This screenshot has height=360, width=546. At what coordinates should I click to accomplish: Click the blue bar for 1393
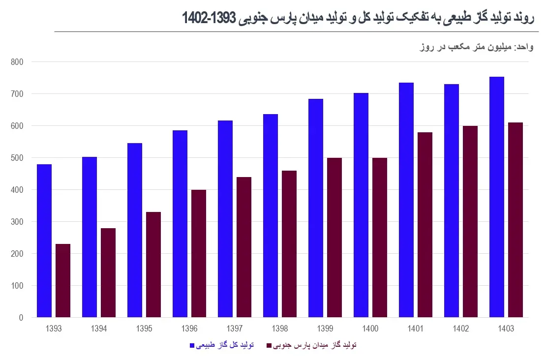click(x=44, y=241)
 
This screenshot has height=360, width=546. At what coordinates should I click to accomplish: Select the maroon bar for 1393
click(x=63, y=280)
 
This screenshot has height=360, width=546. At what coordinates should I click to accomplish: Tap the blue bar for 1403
click(x=497, y=197)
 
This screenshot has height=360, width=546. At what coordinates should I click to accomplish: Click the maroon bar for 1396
click(x=199, y=253)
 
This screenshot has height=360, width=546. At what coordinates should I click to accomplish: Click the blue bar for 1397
click(x=225, y=219)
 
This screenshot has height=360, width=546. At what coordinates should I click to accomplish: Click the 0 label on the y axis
click(x=21, y=318)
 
